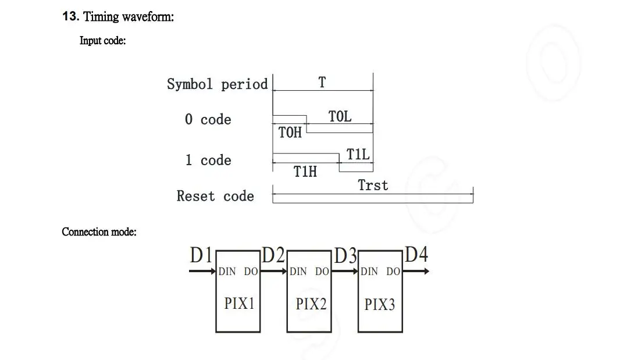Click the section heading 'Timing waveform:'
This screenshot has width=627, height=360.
pyautogui.click(x=129, y=17)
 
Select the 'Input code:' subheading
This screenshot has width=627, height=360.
pyautogui.click(x=102, y=41)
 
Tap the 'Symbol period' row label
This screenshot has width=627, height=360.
pyautogui.click(x=217, y=84)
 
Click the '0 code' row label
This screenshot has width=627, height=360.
pyautogui.click(x=208, y=120)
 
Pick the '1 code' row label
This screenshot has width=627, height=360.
pyautogui.click(x=208, y=161)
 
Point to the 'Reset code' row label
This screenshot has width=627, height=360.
pyautogui.click(x=215, y=197)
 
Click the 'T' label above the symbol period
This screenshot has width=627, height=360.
pyautogui.click(x=322, y=83)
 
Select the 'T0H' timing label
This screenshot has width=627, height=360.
pyautogui.click(x=290, y=133)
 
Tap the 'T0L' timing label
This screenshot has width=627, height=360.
pyautogui.click(x=340, y=116)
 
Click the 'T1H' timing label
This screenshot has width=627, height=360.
pyautogui.click(x=305, y=172)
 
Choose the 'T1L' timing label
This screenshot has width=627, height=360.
pyautogui.click(x=358, y=155)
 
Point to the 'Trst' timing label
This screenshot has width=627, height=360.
pyautogui.click(x=373, y=186)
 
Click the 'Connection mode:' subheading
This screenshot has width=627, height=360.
pyautogui.click(x=99, y=232)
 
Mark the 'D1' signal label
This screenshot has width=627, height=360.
pyautogui.click(x=201, y=255)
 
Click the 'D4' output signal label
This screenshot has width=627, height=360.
pyautogui.click(x=416, y=255)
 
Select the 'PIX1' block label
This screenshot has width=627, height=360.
pyautogui.click(x=239, y=304)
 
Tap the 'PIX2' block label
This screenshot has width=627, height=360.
pyautogui.click(x=311, y=304)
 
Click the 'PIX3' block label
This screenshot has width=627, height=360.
pyautogui.click(x=379, y=304)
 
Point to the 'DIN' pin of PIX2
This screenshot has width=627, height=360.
pyautogui.click(x=298, y=272)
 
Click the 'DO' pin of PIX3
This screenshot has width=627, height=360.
pyautogui.click(x=393, y=272)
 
